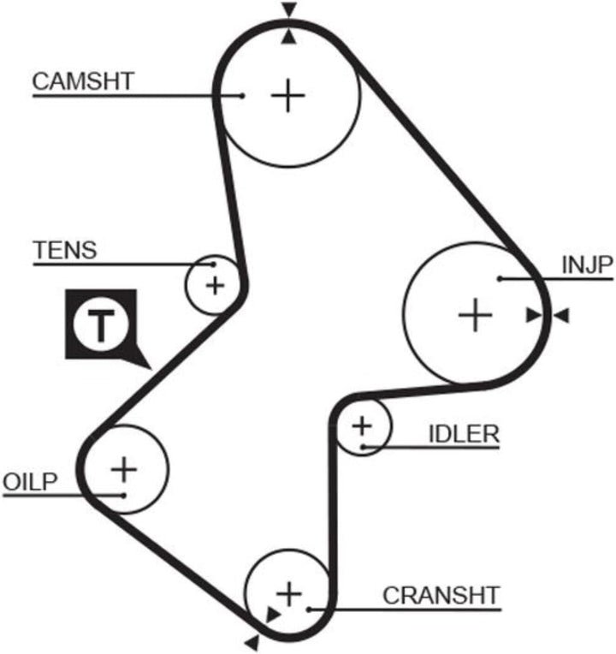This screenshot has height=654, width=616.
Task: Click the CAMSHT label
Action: coord(83,81)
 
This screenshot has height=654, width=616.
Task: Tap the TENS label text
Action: coord(65,250)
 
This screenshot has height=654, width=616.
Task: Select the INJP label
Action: coord(587,265)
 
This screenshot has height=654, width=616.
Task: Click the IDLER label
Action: coord(464,434)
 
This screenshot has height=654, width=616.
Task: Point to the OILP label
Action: coord(30,482)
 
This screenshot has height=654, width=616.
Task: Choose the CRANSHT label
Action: coord(441,596)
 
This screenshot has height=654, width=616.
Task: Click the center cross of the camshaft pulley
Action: coord(288,96)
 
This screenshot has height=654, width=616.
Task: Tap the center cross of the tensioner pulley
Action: coord(215,286)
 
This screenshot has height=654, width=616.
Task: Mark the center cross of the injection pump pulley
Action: coord(475,315)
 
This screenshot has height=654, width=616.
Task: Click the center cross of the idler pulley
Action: coord(362,426)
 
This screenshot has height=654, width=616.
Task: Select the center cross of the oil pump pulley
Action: coord(124,469)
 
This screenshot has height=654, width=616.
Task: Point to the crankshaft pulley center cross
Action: coord(289,594)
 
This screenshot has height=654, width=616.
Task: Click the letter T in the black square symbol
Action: coord(100,325)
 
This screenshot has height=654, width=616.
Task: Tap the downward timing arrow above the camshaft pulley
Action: coord(289,10)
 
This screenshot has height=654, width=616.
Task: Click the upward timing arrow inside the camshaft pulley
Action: coord(289,37)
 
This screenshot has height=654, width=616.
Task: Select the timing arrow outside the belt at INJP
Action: coord(561,315)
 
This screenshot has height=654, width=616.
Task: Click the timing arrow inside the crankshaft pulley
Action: coord(273,614)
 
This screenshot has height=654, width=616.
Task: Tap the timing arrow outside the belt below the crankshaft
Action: coord(252,643)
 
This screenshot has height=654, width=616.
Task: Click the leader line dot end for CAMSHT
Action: coord(242,96)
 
